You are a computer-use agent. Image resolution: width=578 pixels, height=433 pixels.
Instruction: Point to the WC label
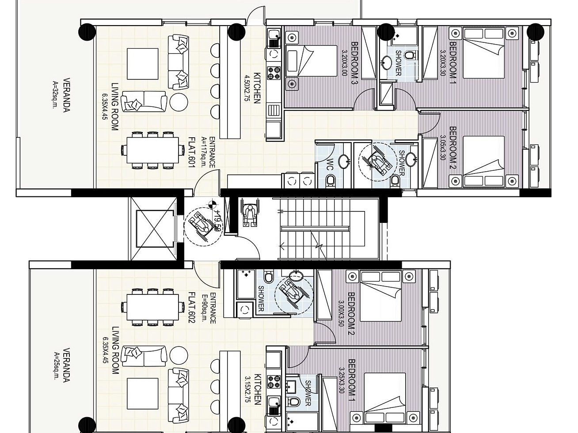point(330,164)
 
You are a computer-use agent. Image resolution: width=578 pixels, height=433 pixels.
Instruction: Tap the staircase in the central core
point(327,229)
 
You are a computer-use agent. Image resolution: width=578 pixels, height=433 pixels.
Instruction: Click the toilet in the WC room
point(330,181)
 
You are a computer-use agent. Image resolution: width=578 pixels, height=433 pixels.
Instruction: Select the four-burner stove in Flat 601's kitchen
point(274,72)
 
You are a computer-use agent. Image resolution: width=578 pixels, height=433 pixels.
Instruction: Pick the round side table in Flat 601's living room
point(179,102)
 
